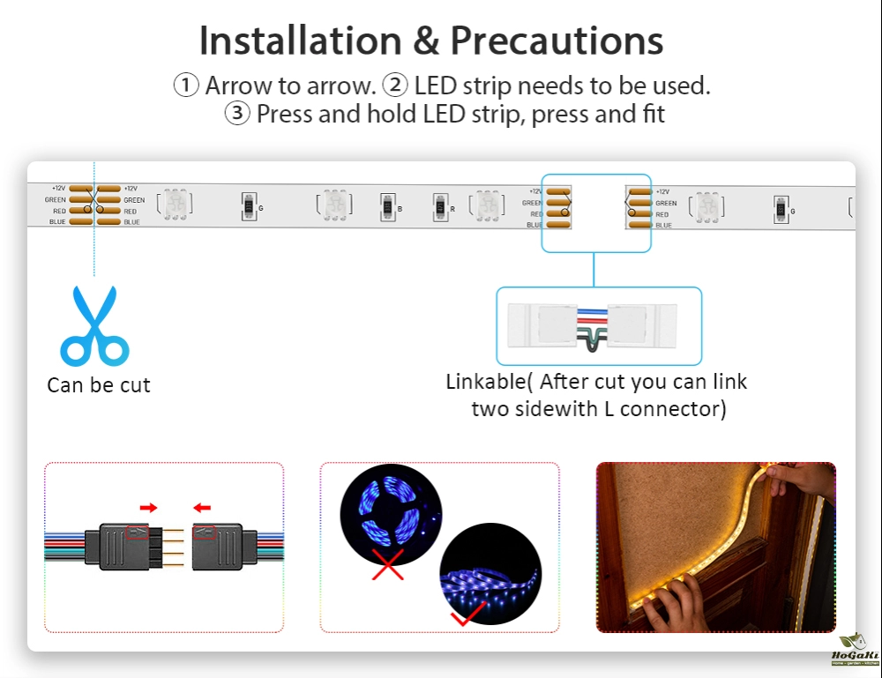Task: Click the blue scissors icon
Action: click(94, 325)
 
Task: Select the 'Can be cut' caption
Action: click(99, 385)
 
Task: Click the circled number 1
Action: click(186, 86)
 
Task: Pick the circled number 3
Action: click(237, 114)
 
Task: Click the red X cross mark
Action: click(387, 565)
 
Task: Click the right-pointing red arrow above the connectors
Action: click(148, 508)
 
